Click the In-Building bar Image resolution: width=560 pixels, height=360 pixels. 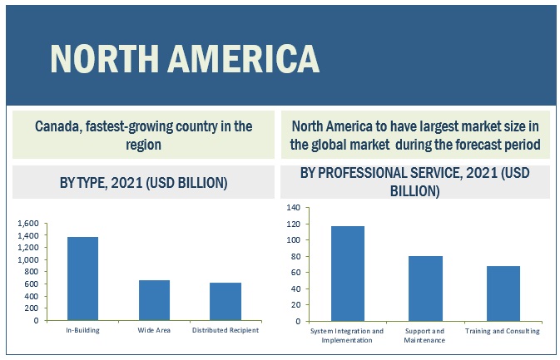click(x=82, y=279)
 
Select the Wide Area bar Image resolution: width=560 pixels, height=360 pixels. click(x=154, y=300)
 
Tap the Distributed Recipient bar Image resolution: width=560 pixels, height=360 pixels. click(x=225, y=301)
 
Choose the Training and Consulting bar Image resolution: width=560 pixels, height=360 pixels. click(x=503, y=293)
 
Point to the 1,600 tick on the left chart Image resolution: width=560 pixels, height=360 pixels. click(x=27, y=224)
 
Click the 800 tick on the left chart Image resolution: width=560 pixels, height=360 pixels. click(x=32, y=272)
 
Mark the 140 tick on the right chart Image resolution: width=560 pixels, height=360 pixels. click(x=293, y=207)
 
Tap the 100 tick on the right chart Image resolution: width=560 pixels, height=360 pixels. click(x=293, y=239)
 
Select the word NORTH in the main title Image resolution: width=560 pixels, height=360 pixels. click(x=97, y=59)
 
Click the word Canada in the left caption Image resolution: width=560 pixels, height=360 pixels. click(x=57, y=127)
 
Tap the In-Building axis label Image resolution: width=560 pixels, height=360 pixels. click(x=82, y=330)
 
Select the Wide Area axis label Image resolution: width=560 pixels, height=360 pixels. click(x=154, y=330)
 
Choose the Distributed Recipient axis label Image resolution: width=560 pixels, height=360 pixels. click(x=225, y=330)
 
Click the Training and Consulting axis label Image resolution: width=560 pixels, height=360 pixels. click(x=503, y=330)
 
